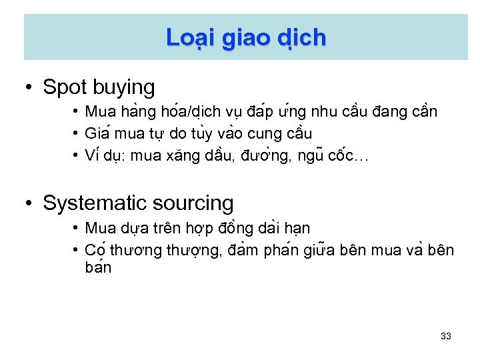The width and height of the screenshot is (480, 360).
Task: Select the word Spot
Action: coord(65,87)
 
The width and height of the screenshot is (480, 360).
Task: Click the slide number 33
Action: coord(446,336)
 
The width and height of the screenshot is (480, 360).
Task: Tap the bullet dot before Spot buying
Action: coord(29,87)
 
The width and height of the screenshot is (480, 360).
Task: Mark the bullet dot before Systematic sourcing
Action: coord(29,203)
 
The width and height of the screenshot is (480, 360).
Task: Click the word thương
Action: coord(133,251)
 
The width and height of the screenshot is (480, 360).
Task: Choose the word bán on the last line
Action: coord(98,268)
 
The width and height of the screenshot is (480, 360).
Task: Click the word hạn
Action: coord(297,228)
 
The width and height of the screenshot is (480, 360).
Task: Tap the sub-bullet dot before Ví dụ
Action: coord(77,156)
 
